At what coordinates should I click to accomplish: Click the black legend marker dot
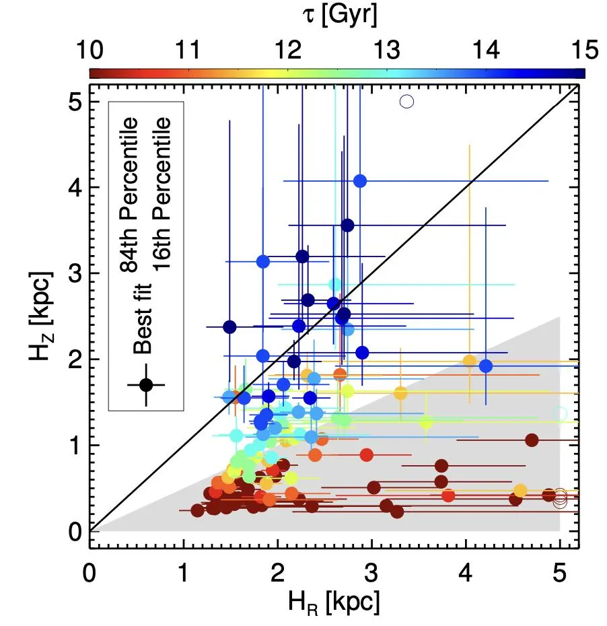click(x=146, y=385)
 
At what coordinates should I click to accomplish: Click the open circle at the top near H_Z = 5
click(x=406, y=102)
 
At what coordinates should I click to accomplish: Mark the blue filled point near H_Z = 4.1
click(x=360, y=180)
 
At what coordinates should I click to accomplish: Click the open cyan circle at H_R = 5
click(x=560, y=413)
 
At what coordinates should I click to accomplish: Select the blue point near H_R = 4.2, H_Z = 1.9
click(x=486, y=366)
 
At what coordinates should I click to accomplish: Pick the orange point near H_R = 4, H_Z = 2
click(x=470, y=361)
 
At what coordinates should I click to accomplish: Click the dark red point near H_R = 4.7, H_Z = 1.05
click(x=532, y=440)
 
